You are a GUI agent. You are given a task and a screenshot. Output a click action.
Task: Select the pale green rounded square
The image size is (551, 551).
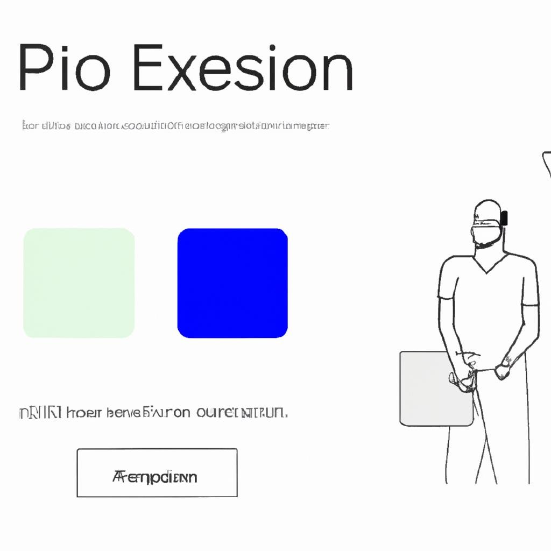tap(79, 283)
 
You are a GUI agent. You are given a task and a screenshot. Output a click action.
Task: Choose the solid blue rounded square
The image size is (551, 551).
tap(232, 283)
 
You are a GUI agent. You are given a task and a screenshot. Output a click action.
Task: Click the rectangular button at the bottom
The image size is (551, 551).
tap(157, 472)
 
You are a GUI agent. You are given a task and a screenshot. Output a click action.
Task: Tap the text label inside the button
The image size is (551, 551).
tap(155, 477)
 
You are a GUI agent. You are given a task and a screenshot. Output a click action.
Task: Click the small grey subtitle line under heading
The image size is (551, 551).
tap(175, 126)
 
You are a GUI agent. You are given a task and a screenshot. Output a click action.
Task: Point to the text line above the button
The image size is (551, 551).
tap(153, 413)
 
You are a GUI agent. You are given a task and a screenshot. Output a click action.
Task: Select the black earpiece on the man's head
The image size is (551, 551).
tap(504, 217)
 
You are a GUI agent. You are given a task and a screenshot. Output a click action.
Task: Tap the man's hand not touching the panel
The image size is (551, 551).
tap(504, 370)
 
